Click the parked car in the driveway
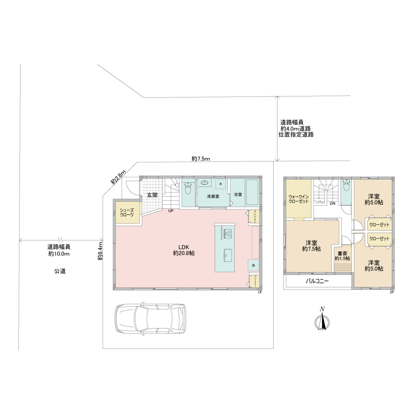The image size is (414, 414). click(150, 319)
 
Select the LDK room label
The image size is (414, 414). click(184, 250)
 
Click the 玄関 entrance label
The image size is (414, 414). click(152, 195)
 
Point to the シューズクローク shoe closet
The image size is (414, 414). click(127, 212)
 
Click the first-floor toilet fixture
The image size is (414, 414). click(188, 188)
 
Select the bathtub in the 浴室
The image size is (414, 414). click(252, 192)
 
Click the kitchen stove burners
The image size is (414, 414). click(227, 233)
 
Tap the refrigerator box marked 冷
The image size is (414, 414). click(253, 266)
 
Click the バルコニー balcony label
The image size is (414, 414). click(317, 281)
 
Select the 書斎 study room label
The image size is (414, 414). click(342, 256)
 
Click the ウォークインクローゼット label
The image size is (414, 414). click(299, 199)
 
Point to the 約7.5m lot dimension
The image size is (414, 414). click(201, 159)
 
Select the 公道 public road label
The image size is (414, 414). click(60, 271)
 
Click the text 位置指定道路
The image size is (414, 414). click(296, 135)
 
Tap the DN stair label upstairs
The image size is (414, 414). click(332, 203)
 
